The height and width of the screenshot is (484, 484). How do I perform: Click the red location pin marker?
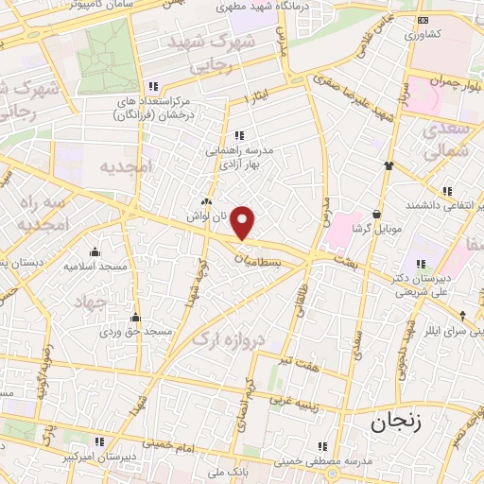244,223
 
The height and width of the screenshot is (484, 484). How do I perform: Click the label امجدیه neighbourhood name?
125,165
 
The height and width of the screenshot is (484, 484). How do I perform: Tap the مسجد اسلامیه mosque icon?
95,251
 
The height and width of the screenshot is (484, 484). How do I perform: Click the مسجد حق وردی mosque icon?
136,318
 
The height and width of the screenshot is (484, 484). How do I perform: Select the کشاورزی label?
423,34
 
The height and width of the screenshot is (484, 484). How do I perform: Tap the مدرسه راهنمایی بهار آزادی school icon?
238,135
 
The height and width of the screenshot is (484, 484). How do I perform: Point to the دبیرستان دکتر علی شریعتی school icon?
420,265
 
